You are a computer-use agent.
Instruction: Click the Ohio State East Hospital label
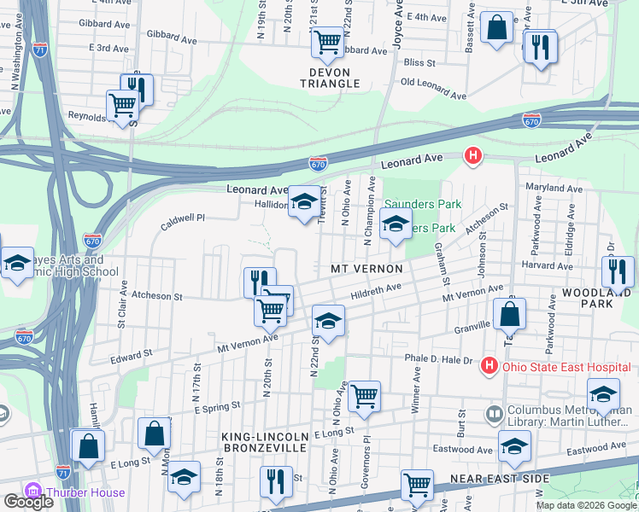tap(566, 368)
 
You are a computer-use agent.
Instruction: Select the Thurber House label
tap(85, 492)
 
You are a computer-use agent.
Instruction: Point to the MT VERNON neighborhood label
tap(366, 268)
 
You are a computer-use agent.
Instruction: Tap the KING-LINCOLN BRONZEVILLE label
tap(264, 441)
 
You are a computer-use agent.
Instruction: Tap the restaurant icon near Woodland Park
tap(617, 271)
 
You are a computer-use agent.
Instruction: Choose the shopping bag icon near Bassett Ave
tap(496, 28)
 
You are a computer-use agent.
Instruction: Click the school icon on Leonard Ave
tap(303, 202)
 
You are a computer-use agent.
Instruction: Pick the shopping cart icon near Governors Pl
tap(364, 396)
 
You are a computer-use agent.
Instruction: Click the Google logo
tap(29, 502)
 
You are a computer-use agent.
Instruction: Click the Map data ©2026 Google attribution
tap(585, 505)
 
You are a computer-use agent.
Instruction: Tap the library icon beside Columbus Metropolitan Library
tap(494, 415)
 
